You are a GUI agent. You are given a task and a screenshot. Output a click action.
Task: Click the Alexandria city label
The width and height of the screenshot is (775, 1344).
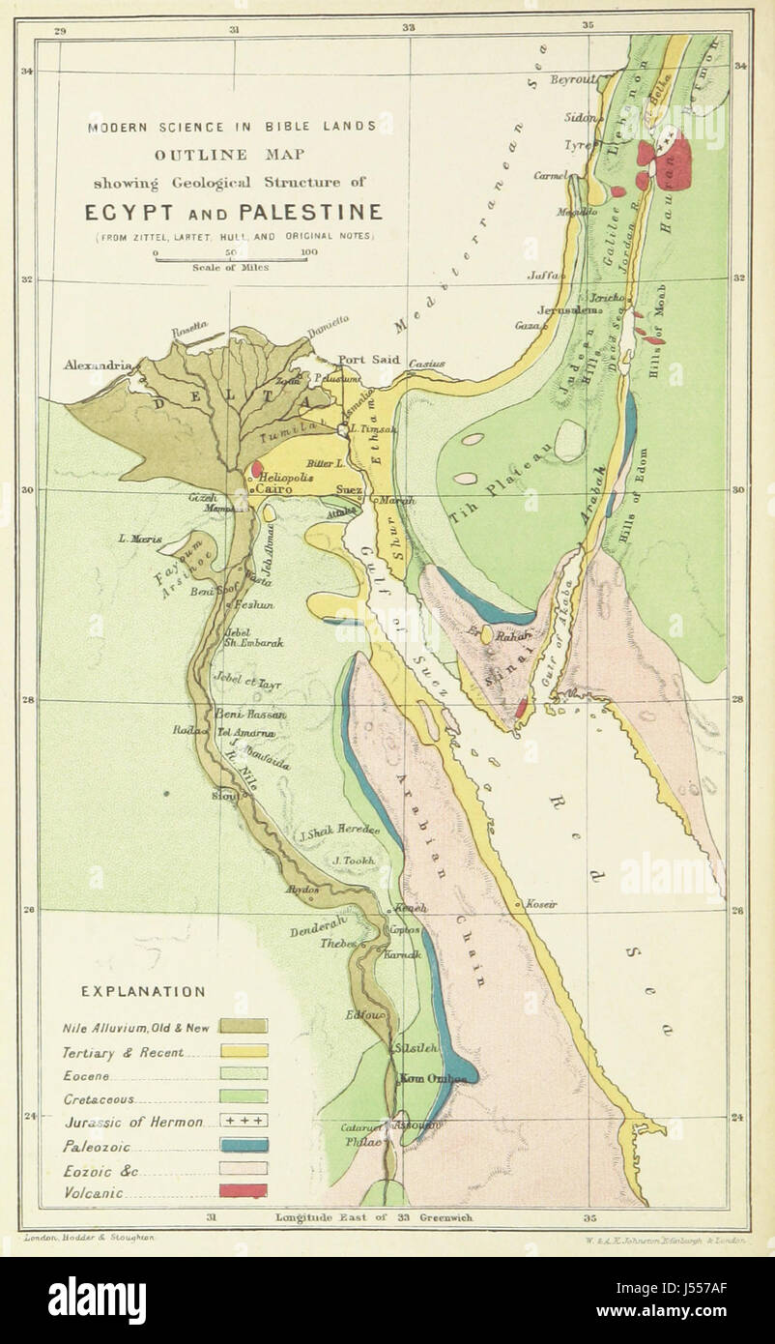coord(97,365)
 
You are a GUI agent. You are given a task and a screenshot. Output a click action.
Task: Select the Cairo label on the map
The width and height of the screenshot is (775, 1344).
coord(274,490)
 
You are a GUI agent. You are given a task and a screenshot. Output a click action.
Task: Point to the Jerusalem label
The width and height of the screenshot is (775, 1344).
coord(551,309)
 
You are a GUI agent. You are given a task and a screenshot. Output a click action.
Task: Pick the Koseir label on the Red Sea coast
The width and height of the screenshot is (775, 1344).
coord(541,904)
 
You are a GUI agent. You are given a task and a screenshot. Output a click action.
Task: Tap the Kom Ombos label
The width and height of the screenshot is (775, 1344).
coord(426,1078)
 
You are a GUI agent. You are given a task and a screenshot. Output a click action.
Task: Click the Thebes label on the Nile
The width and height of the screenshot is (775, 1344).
coord(339,942)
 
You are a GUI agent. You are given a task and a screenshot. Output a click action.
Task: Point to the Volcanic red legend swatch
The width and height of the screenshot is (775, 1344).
coord(243,1191)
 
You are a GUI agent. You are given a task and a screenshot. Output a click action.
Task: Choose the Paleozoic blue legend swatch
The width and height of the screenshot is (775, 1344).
coord(243,1145)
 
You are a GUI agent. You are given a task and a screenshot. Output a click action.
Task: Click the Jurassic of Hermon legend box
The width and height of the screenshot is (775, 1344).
coord(243,1122)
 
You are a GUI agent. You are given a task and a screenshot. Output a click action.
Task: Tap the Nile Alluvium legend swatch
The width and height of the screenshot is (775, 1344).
coord(243,1027)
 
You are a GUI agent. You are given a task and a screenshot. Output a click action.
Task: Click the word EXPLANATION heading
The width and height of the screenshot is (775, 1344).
coord(142,991)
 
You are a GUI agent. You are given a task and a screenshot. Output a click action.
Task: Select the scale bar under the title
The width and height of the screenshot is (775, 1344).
coord(231,259)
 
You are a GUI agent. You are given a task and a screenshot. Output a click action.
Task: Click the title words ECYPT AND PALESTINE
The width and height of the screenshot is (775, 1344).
coord(234,213)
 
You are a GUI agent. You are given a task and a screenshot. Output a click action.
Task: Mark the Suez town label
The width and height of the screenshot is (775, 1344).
coord(348,490)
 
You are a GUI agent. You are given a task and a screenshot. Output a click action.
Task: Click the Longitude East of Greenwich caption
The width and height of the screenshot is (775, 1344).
coord(373,1218)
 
